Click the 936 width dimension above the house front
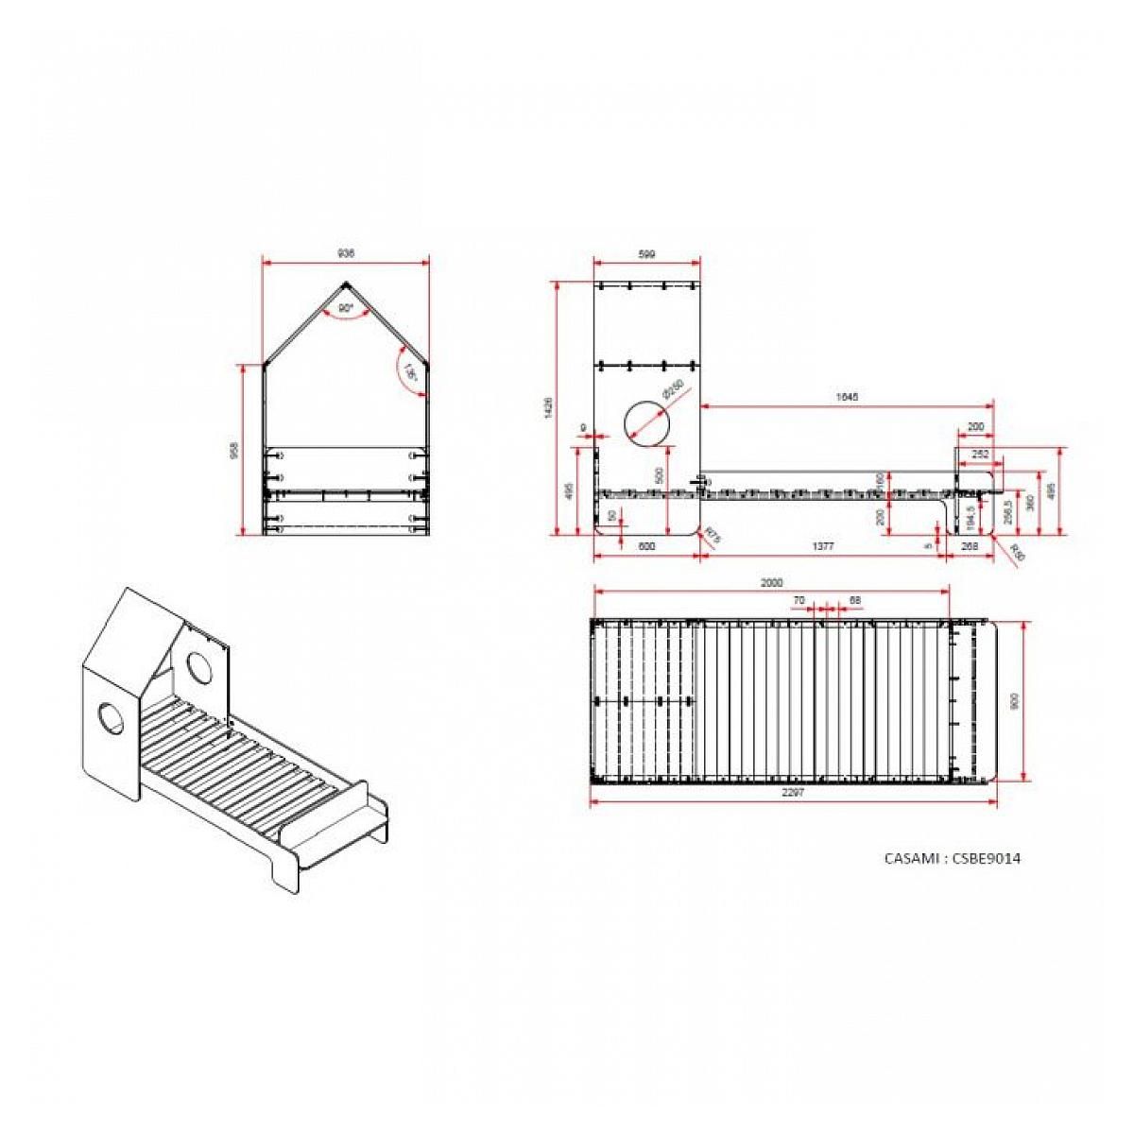[x=346, y=253]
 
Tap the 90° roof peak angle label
[x=345, y=308]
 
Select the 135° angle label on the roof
[x=409, y=372]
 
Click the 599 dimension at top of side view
[x=646, y=253]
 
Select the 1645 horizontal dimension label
[x=847, y=397]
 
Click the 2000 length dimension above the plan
[x=771, y=583]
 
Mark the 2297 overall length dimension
[x=792, y=794]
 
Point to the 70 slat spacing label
[x=799, y=600]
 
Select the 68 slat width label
[x=854, y=600]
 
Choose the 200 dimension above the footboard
[x=975, y=426]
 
